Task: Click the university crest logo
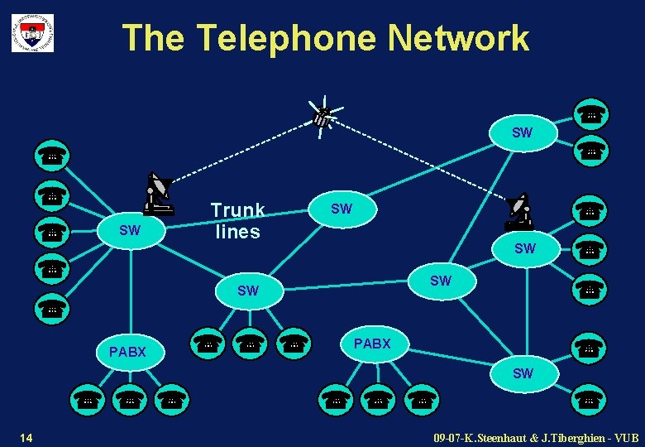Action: [32, 32]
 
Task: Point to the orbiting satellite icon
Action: [323, 115]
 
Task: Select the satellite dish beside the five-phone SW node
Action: [157, 194]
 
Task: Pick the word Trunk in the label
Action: [237, 210]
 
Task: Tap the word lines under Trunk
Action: [237, 232]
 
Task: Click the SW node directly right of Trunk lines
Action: [341, 209]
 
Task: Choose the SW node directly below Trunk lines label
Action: [247, 291]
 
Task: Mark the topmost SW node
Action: [522, 132]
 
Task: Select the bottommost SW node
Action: [523, 373]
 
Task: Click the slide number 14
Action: [26, 436]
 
